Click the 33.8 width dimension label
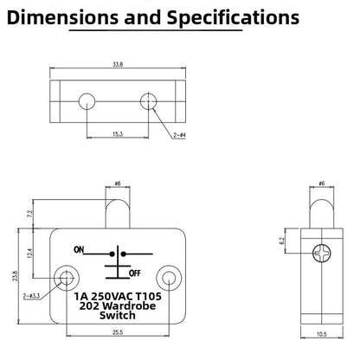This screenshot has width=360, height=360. point(118,65)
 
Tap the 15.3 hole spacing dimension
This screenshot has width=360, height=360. point(118,134)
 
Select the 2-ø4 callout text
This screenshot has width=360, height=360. point(179,135)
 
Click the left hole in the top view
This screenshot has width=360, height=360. point(87,101)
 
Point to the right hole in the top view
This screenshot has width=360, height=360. point(148,101)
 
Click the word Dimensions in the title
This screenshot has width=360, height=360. point(62,18)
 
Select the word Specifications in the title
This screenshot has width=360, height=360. point(233,18)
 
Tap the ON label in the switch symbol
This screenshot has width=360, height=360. point(79,249)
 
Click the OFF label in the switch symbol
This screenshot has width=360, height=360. point(135,273)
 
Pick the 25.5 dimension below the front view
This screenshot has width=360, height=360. point(118,332)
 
